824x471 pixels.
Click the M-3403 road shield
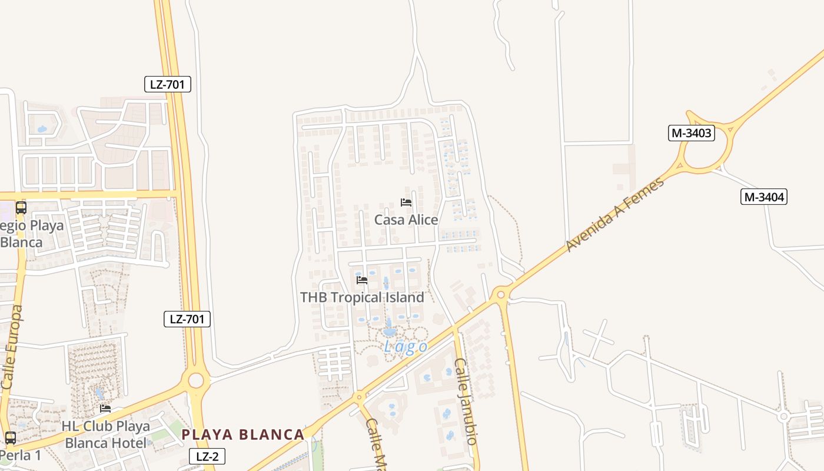click(692, 133)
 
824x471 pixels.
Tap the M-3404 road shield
click(764, 197)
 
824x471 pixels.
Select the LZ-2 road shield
click(207, 456)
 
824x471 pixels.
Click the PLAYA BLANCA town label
click(243, 435)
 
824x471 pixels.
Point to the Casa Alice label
click(406, 220)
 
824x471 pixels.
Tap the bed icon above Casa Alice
click(406, 203)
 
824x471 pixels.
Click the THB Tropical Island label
click(362, 297)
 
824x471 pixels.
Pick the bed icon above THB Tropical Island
click(362, 280)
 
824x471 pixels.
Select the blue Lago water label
click(406, 347)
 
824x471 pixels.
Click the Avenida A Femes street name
click(615, 214)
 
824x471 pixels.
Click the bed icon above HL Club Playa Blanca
click(105, 408)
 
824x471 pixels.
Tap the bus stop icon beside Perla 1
click(10, 437)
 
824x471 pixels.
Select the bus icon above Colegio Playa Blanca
click(21, 207)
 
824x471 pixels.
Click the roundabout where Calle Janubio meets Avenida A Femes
click(501, 293)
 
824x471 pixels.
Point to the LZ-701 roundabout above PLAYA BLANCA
click(196, 380)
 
